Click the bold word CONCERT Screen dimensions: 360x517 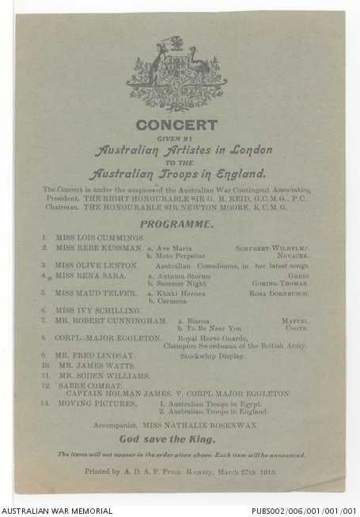coord(176,125)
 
